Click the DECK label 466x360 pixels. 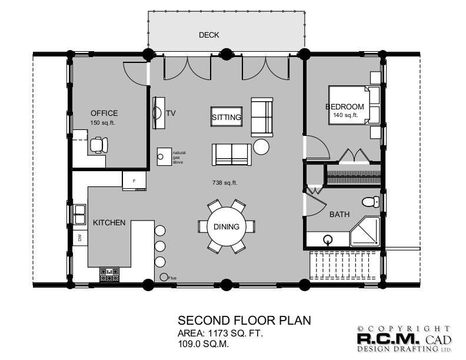[209, 35]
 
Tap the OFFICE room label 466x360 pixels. [104, 113]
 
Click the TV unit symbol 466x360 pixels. [158, 112]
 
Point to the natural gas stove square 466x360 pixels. [161, 156]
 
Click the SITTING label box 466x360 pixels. [227, 117]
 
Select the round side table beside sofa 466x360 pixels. [262, 146]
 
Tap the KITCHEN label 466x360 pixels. [109, 222]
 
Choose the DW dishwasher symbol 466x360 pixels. [79, 238]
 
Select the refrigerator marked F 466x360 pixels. [134, 180]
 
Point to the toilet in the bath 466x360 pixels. [369, 202]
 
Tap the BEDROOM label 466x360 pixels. [345, 106]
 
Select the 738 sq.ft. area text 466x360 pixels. [224, 183]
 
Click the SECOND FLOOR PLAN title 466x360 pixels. [244, 321]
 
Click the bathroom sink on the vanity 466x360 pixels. [328, 239]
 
